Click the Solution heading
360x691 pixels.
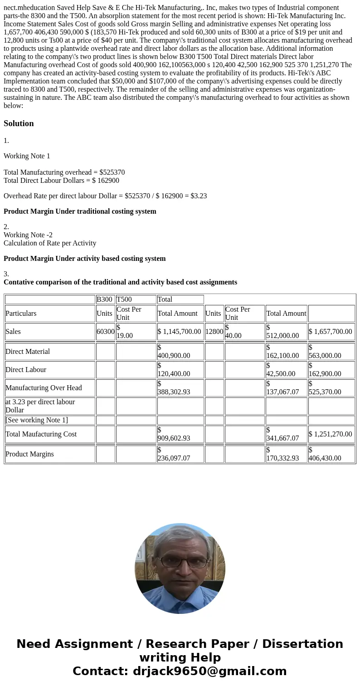point(19,123)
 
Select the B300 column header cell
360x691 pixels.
point(105,299)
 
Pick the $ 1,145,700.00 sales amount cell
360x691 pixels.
point(180,332)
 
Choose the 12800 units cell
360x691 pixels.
point(214,332)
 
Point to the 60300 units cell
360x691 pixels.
point(105,332)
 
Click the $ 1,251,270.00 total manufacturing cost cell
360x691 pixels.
point(331,434)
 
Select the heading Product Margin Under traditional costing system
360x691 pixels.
point(80,211)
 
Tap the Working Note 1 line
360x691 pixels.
point(27,156)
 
